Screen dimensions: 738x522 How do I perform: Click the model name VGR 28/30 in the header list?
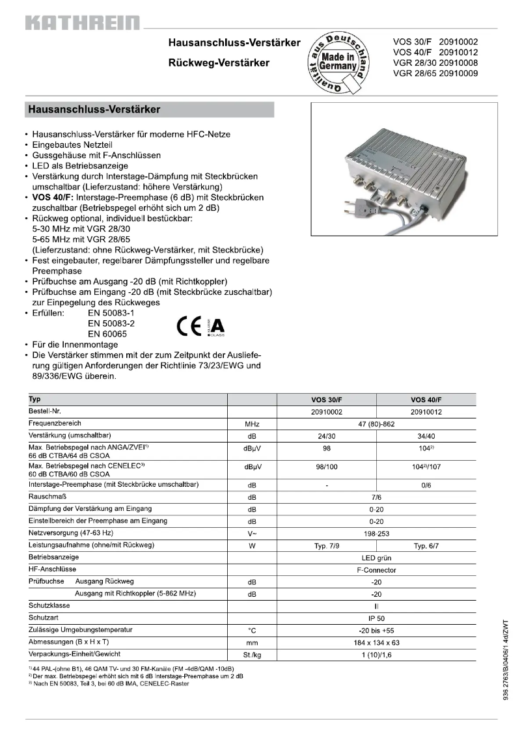pos(414,63)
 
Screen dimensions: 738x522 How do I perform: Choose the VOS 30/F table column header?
pos(326,400)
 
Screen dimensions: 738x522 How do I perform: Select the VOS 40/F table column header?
pos(426,400)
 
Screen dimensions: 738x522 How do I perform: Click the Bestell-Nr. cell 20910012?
pos(426,412)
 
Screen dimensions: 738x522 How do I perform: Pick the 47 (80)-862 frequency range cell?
pos(376,424)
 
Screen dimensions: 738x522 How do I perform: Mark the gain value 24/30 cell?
pos(326,435)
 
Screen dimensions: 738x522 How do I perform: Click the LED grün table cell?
pos(376,558)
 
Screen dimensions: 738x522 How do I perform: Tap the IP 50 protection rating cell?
pos(376,618)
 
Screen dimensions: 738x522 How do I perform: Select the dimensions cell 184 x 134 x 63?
pos(376,642)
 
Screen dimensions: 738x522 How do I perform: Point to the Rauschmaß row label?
pos(44,497)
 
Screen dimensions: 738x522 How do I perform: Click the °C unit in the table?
pos(252,631)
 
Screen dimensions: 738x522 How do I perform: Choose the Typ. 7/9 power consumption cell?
pos(326,545)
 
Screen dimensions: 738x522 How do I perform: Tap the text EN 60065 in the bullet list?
pos(107,334)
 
